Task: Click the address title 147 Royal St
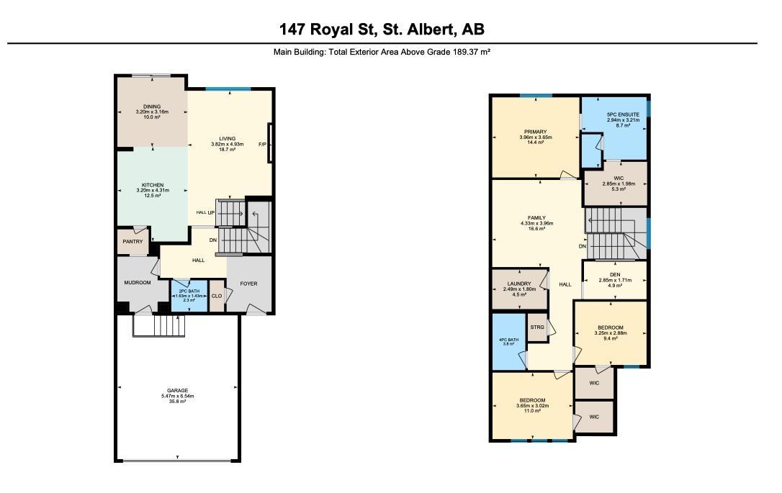[x=382, y=29]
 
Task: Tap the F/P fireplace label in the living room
[x=262, y=145]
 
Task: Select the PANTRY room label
[x=132, y=242]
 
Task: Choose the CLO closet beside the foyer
[x=216, y=296]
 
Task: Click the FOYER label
[x=248, y=284]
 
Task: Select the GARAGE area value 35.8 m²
[x=177, y=402]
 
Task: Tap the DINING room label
[x=152, y=107]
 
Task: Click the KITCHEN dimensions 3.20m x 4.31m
[x=152, y=191]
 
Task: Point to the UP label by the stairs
[x=211, y=213]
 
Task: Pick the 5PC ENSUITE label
[x=618, y=114]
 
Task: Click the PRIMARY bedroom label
[x=535, y=132]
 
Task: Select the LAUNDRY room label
[x=518, y=284]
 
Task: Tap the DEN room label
[x=615, y=274]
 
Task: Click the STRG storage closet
[x=537, y=327]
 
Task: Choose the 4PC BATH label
[x=508, y=340]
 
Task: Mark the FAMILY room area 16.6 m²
[x=536, y=229]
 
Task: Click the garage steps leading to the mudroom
[x=158, y=326]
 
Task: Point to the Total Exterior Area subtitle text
[x=382, y=52]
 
